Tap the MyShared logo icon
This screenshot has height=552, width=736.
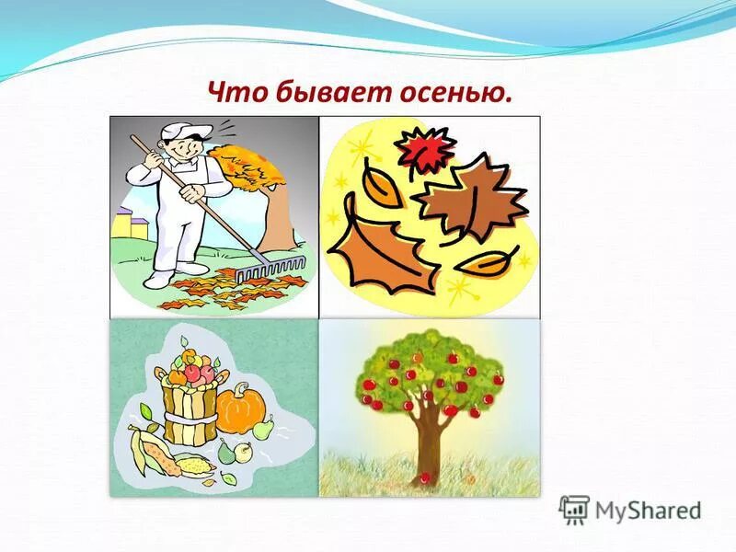[x=574, y=510]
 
